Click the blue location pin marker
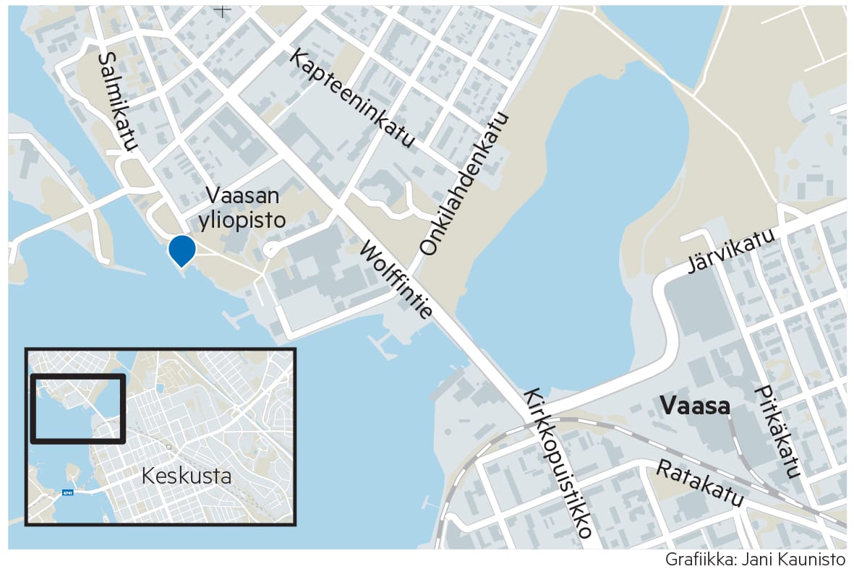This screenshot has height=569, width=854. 182,249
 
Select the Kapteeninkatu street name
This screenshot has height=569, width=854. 352,98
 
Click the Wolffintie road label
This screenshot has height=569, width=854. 396,281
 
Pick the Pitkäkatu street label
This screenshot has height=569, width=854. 777,432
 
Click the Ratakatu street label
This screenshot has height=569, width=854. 699,484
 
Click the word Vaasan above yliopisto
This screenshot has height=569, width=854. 242,195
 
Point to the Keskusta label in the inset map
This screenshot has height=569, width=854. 187,476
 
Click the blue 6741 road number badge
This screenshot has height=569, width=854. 67,493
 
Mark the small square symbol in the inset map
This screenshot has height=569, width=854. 168,447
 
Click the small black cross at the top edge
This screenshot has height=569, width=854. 222,10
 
